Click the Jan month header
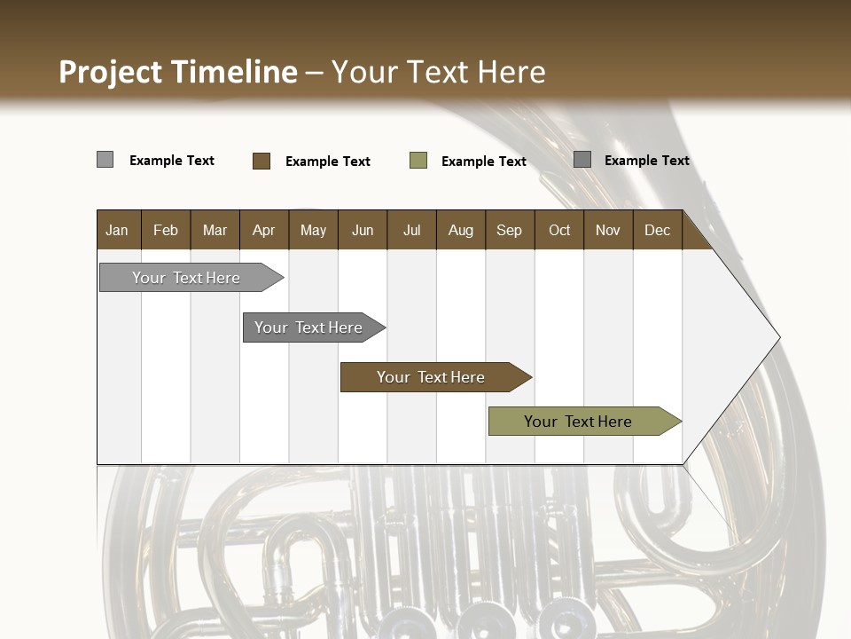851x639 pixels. pyautogui.click(x=117, y=230)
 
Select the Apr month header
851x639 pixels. pyautogui.click(x=263, y=230)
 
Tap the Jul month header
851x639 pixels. pyautogui.click(x=411, y=230)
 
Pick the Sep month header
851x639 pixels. pyautogui.click(x=509, y=230)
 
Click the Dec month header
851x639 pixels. pyautogui.click(x=657, y=230)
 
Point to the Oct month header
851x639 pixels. pyautogui.click(x=559, y=230)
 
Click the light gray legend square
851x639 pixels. pyautogui.click(x=105, y=160)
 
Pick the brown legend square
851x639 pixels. pyautogui.click(x=261, y=161)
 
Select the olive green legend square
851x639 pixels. pyautogui.click(x=418, y=161)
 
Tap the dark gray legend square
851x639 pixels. pyautogui.click(x=582, y=160)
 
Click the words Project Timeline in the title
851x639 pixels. pyautogui.click(x=177, y=72)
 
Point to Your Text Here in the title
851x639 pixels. pyautogui.click(x=438, y=72)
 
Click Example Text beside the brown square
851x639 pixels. pyautogui.click(x=327, y=162)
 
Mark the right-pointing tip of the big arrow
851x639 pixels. pyautogui.click(x=778, y=337)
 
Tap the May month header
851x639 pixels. pyautogui.click(x=313, y=230)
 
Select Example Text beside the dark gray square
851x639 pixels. pyautogui.click(x=646, y=161)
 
